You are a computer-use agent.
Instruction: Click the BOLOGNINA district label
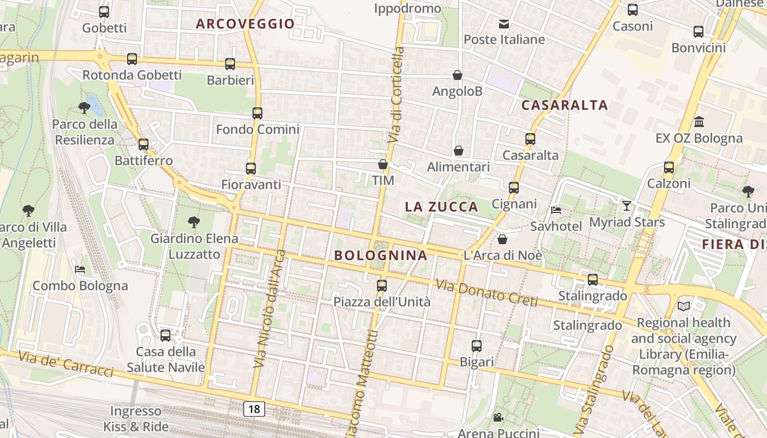[380, 255]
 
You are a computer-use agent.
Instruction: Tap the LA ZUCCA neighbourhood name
[441, 207]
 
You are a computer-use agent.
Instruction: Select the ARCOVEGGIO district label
[245, 24]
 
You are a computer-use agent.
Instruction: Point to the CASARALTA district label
[564, 105]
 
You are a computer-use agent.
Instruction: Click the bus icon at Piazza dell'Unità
[382, 285]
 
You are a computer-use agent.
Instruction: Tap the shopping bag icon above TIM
[383, 164]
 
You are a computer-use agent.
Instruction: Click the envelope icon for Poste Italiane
[504, 24]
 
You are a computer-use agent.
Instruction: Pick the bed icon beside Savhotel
[556, 210]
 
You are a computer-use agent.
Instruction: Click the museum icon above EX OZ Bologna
[699, 122]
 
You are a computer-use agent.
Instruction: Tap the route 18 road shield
[254, 408]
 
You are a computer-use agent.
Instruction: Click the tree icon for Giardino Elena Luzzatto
[193, 222]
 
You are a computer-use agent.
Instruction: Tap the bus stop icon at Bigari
[477, 345]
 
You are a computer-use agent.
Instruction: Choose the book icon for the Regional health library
[684, 306]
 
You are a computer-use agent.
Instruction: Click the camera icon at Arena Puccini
[498, 418]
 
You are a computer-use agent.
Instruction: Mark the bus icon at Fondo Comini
[257, 113]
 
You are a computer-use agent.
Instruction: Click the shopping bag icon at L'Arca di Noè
[502, 239]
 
